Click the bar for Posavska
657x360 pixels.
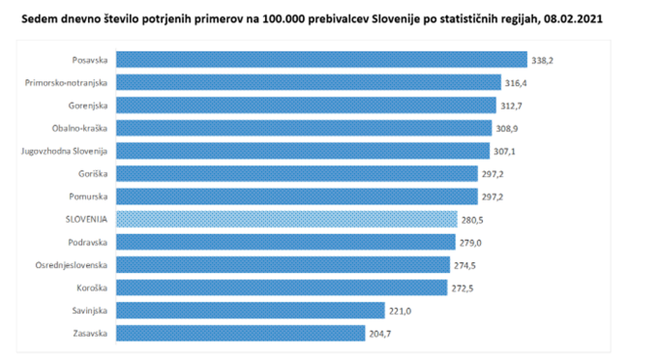(321, 59)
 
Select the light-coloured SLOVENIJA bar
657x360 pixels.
(287, 219)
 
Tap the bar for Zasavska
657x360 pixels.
(240, 333)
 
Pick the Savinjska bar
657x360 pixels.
(250, 310)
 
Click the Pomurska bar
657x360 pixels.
(296, 196)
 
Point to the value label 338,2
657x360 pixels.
(542, 60)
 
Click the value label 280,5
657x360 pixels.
(473, 219)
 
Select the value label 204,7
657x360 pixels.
(380, 333)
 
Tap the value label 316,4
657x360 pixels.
(517, 82)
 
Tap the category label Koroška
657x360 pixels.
(92, 287)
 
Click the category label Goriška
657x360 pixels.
(93, 173)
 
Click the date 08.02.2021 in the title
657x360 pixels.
(575, 20)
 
